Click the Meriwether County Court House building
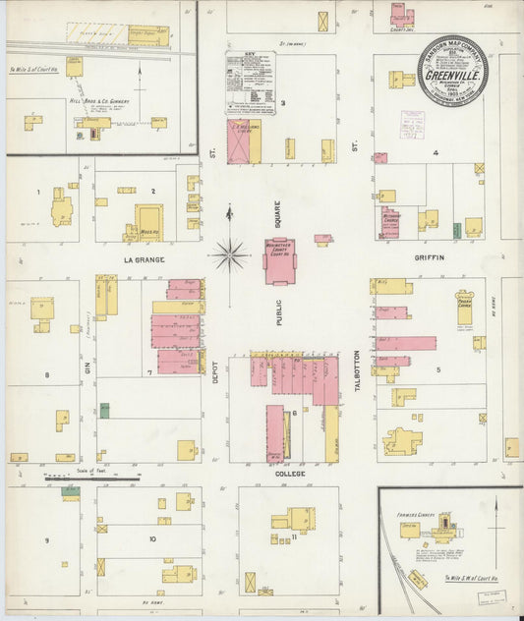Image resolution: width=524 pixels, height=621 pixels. [279, 261]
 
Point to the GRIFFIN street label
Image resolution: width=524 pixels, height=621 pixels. [430, 257]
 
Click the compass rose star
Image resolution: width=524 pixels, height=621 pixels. [230, 255]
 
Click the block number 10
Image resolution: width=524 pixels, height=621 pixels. [152, 539]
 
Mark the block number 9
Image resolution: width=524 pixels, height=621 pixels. [45, 539]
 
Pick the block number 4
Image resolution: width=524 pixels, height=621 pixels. [435, 153]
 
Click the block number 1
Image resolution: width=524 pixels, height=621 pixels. [38, 192]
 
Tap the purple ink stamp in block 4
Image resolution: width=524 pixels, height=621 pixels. [412, 124]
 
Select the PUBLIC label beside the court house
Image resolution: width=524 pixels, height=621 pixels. [278, 310]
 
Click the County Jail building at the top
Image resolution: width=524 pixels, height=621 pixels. [402, 17]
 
